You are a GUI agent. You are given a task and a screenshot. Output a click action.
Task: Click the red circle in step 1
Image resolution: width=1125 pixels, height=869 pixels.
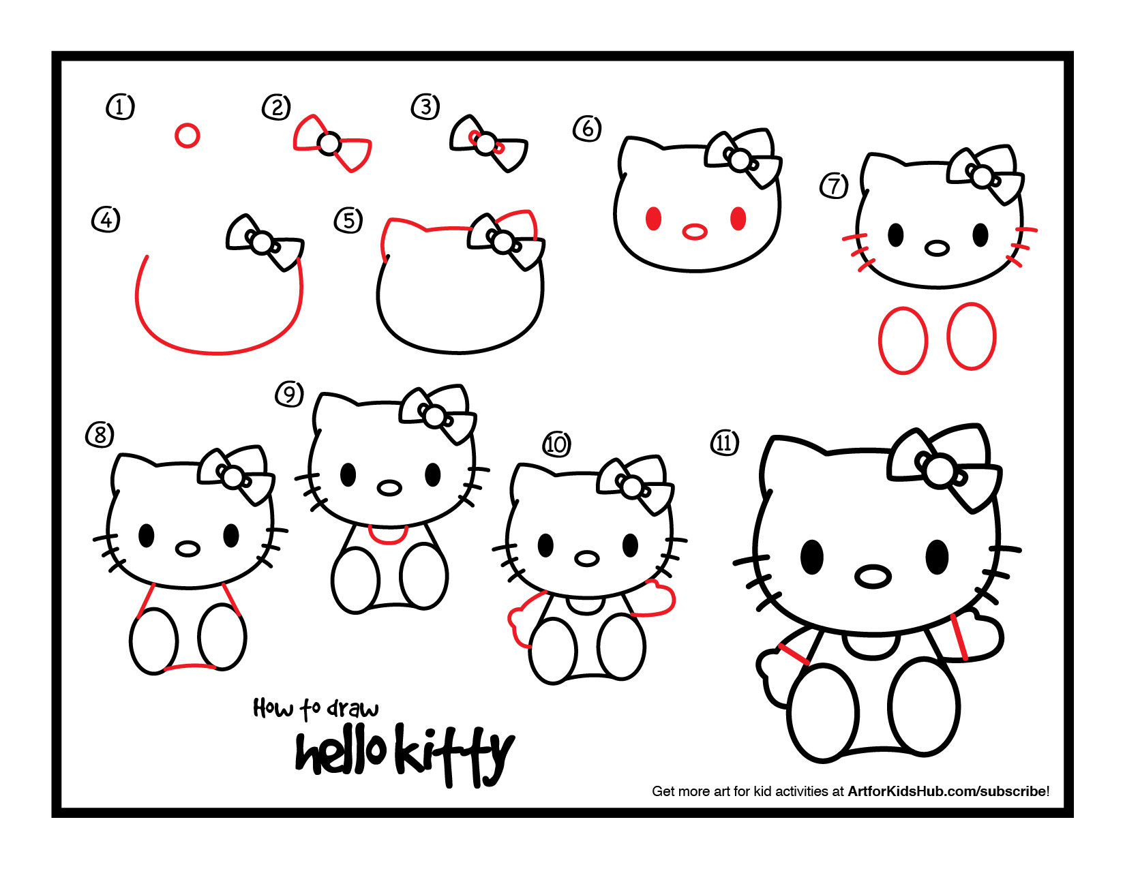click(x=187, y=135)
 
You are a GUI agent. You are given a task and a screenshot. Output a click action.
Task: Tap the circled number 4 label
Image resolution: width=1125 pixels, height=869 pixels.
click(x=106, y=219)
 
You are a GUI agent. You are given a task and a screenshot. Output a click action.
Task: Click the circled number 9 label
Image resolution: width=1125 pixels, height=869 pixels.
click(x=289, y=394)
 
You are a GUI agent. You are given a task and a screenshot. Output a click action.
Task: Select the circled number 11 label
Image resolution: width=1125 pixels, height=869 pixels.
click(x=724, y=443)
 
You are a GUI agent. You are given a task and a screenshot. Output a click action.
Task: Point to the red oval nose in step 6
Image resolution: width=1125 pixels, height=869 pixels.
click(x=695, y=232)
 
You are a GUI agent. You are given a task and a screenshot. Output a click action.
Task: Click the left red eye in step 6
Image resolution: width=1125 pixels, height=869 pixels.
click(x=653, y=219)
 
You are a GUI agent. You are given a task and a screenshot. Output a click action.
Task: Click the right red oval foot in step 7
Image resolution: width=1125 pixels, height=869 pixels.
click(x=972, y=337)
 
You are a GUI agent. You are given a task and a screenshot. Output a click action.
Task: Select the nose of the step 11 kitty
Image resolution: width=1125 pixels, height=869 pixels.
click(x=872, y=577)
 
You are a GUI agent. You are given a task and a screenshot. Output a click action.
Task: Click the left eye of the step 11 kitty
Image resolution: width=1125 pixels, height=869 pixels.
click(x=811, y=556)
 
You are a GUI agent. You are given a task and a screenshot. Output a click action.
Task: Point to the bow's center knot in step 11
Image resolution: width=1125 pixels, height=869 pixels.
click(x=940, y=472)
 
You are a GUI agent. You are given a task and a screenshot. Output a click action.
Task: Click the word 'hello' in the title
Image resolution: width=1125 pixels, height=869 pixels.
click(x=341, y=753)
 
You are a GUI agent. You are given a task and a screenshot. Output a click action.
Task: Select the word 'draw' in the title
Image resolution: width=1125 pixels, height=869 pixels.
click(x=352, y=709)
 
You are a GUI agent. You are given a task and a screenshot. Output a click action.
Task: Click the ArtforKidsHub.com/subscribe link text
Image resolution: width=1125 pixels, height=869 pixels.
click(x=947, y=791)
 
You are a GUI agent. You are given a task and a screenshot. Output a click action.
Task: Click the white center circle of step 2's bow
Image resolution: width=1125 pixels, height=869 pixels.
click(x=330, y=144)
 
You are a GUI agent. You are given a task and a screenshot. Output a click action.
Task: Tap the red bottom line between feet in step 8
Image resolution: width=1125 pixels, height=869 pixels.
click(x=190, y=667)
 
